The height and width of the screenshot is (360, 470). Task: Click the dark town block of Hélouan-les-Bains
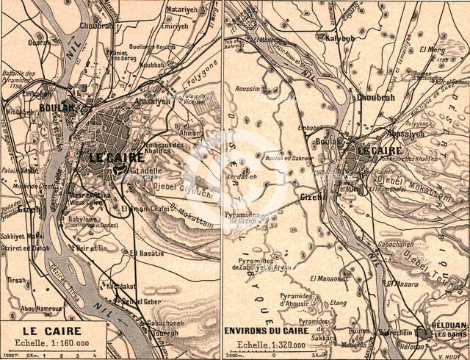click(424, 332)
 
